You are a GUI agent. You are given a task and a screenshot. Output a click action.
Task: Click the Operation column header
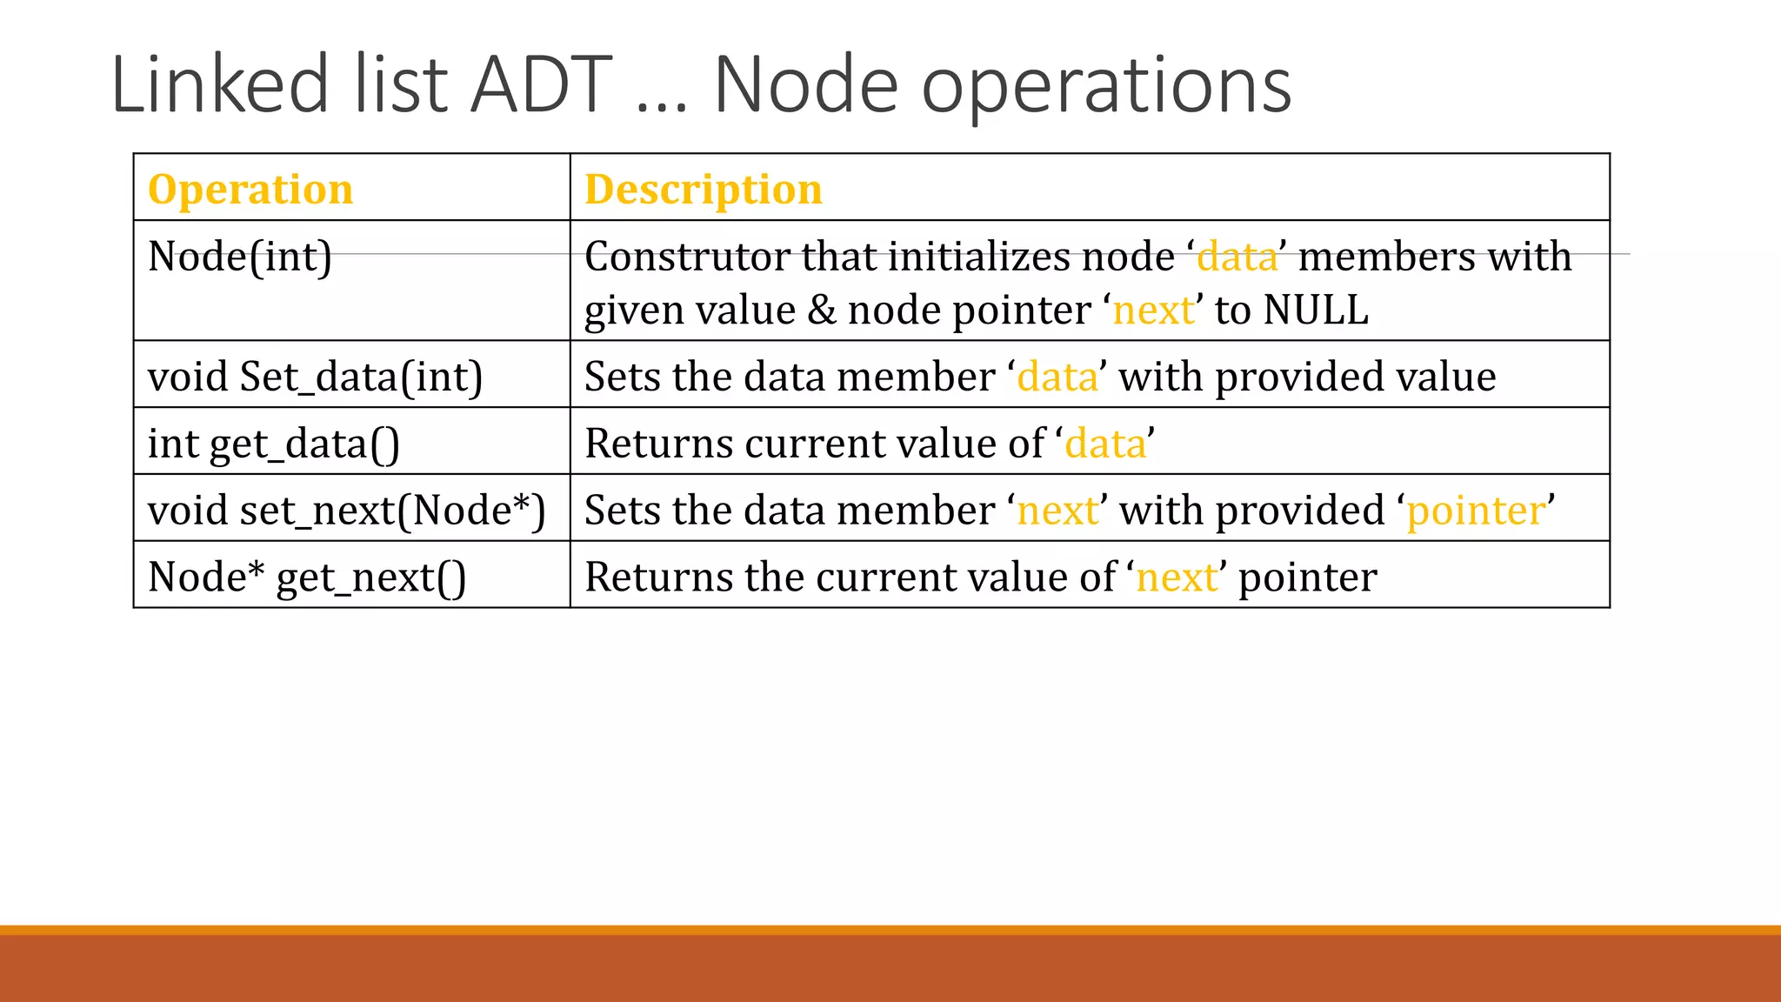pyautogui.click(x=250, y=189)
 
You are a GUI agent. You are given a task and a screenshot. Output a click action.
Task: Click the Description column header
pyautogui.click(x=703, y=189)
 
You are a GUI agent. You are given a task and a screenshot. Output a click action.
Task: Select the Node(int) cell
pyautogui.click(x=240, y=257)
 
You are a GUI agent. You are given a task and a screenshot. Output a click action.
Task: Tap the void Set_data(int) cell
pyautogui.click(x=315, y=377)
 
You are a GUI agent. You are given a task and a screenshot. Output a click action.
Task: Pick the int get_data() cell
pyautogui.click(x=273, y=444)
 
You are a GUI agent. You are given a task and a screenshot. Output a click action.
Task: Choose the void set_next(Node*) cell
pyautogui.click(x=346, y=511)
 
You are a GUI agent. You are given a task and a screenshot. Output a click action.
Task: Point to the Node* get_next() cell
pyautogui.click(x=306, y=578)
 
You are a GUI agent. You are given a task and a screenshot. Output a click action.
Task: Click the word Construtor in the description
pyautogui.click(x=687, y=257)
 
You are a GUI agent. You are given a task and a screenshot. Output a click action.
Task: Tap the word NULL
pyautogui.click(x=1316, y=311)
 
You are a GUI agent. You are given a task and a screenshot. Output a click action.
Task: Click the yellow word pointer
pyautogui.click(x=1476, y=511)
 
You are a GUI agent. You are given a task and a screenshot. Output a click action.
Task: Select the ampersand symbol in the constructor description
pyautogui.click(x=821, y=311)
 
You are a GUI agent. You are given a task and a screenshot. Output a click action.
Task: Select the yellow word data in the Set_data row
pyautogui.click(x=1057, y=377)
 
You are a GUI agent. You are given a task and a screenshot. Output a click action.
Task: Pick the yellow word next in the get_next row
pyautogui.click(x=1177, y=578)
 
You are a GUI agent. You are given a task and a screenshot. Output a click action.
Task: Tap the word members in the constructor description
pyautogui.click(x=1386, y=257)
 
